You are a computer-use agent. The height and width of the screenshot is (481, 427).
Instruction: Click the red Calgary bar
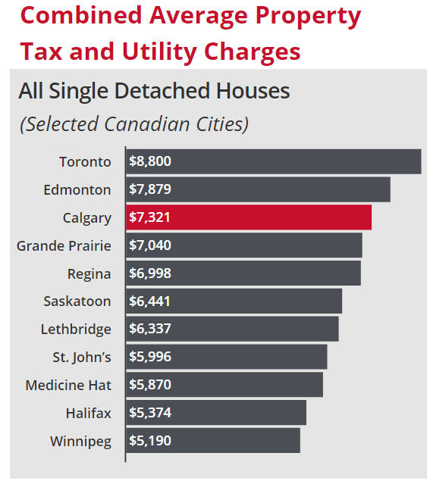click(x=249, y=217)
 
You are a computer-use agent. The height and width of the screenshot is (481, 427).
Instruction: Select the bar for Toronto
click(x=273, y=161)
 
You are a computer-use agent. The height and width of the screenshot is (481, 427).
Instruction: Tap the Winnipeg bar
click(x=213, y=440)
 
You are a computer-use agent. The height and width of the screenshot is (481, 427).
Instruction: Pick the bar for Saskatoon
click(x=234, y=301)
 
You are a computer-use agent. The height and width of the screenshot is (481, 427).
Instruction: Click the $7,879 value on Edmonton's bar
click(x=150, y=189)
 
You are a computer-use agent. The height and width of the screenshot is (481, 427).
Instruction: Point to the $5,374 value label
click(x=150, y=413)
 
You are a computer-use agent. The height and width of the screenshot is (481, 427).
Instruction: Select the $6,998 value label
click(x=150, y=273)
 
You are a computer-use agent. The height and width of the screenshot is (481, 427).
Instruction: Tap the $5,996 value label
click(x=150, y=357)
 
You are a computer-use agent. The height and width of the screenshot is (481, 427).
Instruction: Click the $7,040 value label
click(x=150, y=245)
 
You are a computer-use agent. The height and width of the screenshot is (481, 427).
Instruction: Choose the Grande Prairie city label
click(x=64, y=245)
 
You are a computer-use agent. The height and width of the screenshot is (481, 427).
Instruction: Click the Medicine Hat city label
click(x=68, y=385)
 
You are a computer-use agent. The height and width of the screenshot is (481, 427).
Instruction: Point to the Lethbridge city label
click(x=76, y=329)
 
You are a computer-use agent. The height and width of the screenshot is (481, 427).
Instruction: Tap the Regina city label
click(x=88, y=273)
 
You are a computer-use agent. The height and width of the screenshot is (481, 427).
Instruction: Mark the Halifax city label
click(x=87, y=413)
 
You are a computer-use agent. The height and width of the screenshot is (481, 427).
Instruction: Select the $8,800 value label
click(x=150, y=161)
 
